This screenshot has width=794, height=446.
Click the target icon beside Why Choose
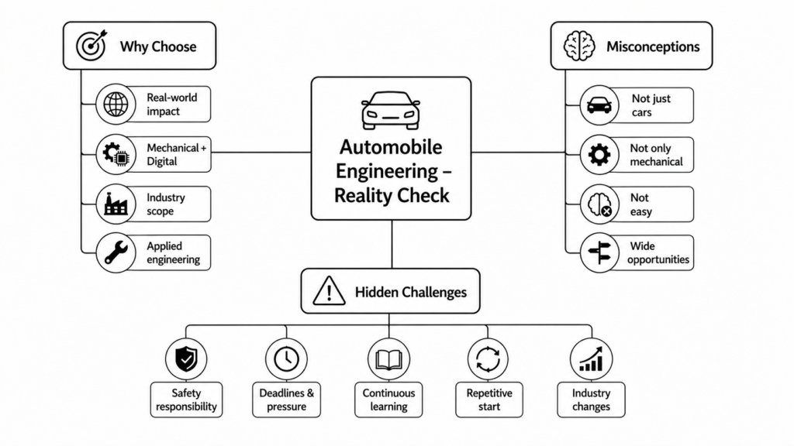[91, 46]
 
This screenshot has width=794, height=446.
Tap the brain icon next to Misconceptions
[579, 46]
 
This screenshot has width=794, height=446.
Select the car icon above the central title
[391, 110]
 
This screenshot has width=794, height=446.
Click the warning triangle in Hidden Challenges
[329, 291]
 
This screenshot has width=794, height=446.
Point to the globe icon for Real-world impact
[116, 105]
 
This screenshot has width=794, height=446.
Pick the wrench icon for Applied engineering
[116, 253]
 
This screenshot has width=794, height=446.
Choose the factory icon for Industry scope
[116, 204]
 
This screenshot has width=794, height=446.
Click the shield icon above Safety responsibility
[186, 359]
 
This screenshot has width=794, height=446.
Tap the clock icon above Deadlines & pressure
[287, 359]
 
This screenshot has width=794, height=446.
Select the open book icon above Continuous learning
[389, 359]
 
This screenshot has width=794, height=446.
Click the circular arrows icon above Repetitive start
[488, 359]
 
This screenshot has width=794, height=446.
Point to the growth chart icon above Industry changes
[591, 359]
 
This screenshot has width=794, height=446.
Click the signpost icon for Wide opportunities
[599, 253]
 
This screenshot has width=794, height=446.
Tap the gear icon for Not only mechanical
[599, 155]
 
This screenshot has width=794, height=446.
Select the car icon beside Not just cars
[599, 105]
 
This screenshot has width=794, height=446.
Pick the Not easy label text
[640, 204]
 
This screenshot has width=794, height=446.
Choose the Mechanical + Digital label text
[176, 155]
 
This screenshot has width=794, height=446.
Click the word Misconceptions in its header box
[653, 46]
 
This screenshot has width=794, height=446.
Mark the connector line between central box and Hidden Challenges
[392, 244]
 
